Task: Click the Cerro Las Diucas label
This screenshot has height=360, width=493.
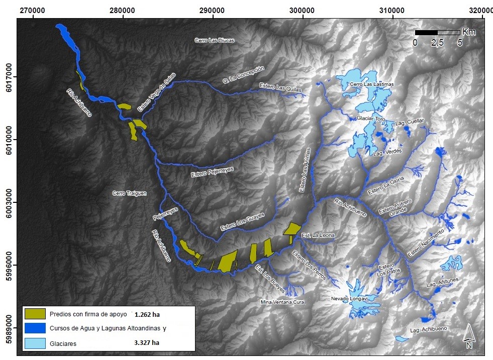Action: (214, 40)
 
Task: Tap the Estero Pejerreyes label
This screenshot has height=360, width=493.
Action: (212, 172)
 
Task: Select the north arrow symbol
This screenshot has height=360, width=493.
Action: (468, 336)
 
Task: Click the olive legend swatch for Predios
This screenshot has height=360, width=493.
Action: (35, 314)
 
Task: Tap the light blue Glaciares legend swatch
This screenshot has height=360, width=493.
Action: (35, 343)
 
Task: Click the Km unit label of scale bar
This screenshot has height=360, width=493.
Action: (468, 32)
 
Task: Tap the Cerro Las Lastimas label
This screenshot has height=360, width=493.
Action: (372, 84)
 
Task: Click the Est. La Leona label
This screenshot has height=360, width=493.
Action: (318, 235)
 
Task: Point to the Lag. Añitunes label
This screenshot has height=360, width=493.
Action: (442, 284)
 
